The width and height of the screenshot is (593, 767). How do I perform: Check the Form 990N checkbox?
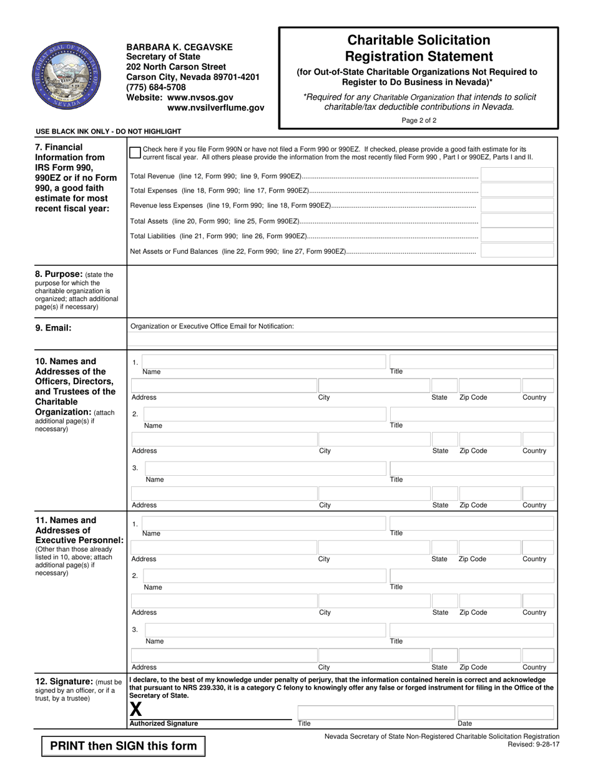[x=135, y=153]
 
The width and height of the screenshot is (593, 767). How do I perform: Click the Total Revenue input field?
[x=517, y=175]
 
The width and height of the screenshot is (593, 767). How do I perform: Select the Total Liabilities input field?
[x=517, y=235]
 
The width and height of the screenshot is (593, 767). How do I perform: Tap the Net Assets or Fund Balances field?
[x=517, y=251]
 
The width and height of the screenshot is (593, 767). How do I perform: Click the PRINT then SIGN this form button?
[x=123, y=746]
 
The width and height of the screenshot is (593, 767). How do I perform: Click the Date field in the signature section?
[x=505, y=712]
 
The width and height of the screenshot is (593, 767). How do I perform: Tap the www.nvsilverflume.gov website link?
[x=215, y=108]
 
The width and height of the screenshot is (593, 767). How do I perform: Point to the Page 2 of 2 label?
[x=419, y=120]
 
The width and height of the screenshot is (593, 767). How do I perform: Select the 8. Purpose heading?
[x=59, y=274]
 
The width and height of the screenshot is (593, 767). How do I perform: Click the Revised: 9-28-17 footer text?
[x=534, y=745]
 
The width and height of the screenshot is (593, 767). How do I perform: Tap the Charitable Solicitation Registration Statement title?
[x=418, y=49]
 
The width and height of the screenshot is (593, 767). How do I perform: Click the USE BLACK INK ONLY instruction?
[x=109, y=132]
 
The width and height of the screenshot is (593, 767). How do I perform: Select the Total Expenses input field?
[x=517, y=190]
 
